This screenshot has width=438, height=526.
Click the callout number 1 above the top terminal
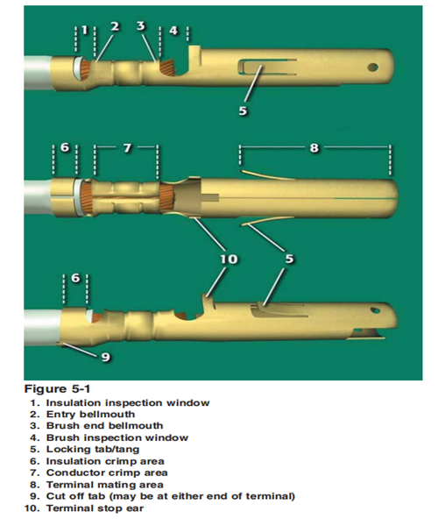click(85, 31)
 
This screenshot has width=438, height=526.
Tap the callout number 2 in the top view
click(114, 26)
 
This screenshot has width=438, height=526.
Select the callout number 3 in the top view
click(141, 25)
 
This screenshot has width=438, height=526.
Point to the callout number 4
click(173, 31)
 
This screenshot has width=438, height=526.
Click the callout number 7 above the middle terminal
click(127, 148)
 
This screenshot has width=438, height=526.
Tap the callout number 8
click(314, 147)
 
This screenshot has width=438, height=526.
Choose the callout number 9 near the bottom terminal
click(106, 357)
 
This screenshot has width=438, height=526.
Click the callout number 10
click(230, 259)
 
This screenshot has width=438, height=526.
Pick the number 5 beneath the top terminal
click(243, 110)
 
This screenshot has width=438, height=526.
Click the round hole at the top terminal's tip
click(372, 68)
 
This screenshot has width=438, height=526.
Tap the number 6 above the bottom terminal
click(76, 278)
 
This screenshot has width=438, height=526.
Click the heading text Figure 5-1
click(57, 389)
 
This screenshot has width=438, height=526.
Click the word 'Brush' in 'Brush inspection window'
click(63, 437)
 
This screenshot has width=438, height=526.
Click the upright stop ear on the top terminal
click(194, 53)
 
